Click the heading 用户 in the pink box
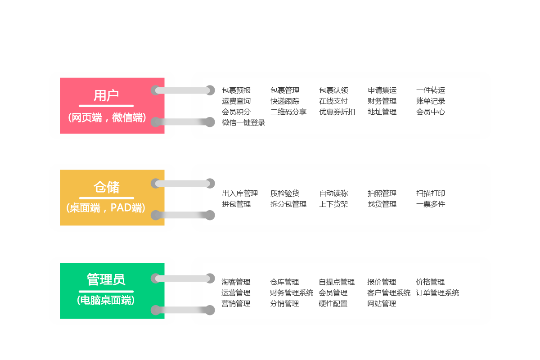point(106,95)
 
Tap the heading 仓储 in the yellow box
point(106,187)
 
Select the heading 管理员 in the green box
point(106,280)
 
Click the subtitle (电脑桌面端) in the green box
point(106,300)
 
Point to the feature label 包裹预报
point(236,90)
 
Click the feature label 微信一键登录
point(243,123)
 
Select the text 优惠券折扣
point(337,112)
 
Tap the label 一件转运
point(431,90)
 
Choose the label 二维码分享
point(288,112)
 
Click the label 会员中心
point(431,112)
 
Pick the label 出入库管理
point(240,193)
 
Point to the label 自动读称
point(333,193)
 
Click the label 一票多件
point(431,204)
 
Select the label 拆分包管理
point(288,204)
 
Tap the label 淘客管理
point(236,282)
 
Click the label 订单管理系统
point(437,293)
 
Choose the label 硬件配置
point(333,304)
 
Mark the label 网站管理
point(382,304)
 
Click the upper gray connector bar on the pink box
point(183,90)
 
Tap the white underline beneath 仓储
point(107,198)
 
